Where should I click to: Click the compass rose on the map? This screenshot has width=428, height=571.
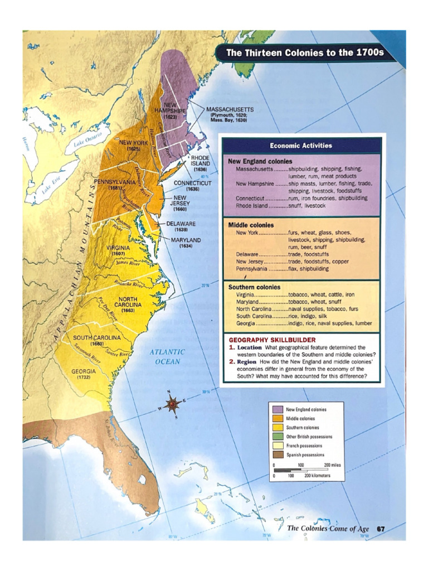click(172, 402)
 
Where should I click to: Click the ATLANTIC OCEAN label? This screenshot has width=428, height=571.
click(167, 357)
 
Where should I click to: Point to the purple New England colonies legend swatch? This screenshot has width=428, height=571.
click(277, 409)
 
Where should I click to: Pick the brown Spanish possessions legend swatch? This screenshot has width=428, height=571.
click(277, 455)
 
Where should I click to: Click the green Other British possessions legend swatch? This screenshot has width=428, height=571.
click(277, 437)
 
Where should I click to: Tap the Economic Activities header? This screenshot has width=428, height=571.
click(301, 146)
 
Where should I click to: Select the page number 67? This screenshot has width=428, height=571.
click(381, 529)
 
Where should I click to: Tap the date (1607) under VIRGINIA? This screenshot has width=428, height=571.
click(118, 254)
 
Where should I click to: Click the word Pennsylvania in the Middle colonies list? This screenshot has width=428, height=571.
click(252, 268)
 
